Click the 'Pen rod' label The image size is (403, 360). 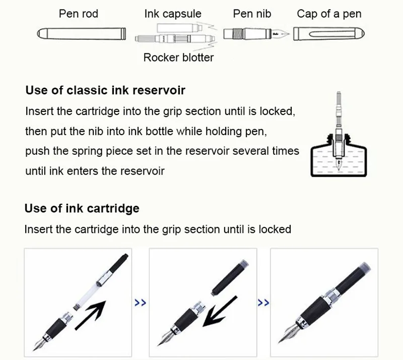pos(79,14)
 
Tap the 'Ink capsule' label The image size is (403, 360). pos(173,14)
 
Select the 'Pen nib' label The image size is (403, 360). pos(250,14)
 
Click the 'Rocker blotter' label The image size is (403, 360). pos(178,57)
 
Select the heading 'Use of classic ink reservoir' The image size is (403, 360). pos(105,91)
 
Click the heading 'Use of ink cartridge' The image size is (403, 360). pos(82,208)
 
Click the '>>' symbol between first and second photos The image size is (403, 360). pos(141,303)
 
